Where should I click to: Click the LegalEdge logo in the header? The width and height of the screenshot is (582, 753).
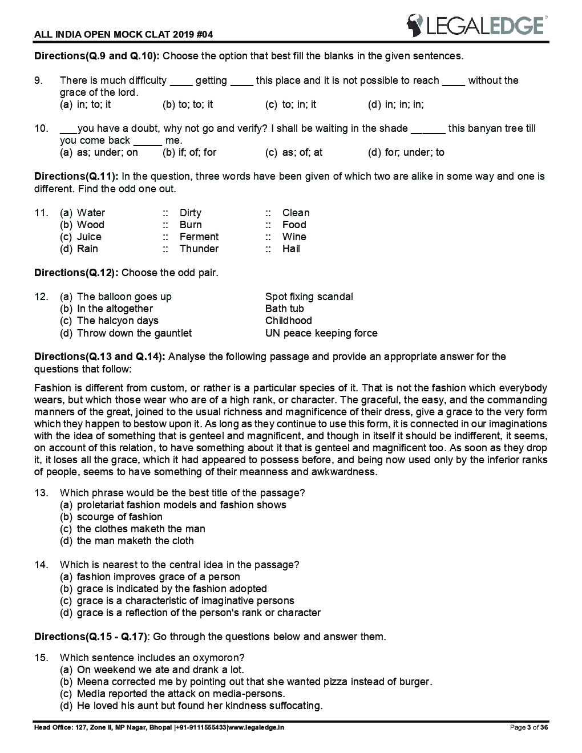(476, 25)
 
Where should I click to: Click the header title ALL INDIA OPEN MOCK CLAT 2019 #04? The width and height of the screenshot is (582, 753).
(124, 35)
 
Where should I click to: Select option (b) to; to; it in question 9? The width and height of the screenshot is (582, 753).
(188, 104)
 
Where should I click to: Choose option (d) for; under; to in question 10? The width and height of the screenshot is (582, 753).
(406, 152)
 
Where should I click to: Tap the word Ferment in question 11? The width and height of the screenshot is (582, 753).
(199, 237)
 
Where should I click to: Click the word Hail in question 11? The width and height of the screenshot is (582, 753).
(291, 249)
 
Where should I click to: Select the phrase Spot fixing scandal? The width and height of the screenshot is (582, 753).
(309, 297)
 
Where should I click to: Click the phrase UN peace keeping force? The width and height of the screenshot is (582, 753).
(321, 333)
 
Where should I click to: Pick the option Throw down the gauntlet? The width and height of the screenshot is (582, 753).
(134, 333)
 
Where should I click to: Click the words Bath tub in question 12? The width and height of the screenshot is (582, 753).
(284, 309)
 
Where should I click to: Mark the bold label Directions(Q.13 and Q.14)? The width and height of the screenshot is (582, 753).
(100, 357)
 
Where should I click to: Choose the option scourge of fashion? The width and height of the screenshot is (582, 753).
(119, 517)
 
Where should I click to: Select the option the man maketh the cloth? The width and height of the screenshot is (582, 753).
(135, 541)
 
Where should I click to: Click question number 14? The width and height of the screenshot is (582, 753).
(41, 565)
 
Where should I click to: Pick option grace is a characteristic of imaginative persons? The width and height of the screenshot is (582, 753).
(185, 601)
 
